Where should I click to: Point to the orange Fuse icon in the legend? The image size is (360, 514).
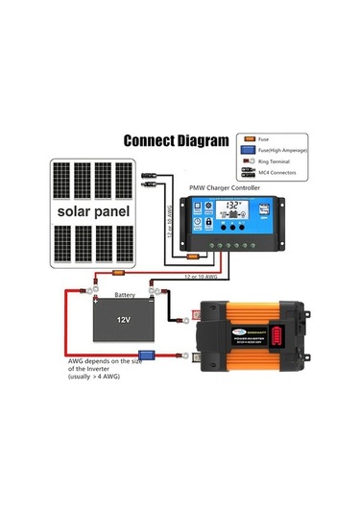point(248,138)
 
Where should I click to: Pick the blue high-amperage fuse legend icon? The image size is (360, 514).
point(248,150)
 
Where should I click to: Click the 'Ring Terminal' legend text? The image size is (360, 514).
point(277,161)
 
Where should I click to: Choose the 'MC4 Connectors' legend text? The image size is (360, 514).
point(278,173)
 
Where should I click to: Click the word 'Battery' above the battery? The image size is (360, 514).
point(125,295)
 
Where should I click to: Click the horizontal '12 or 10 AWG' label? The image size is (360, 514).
point(204,277)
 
